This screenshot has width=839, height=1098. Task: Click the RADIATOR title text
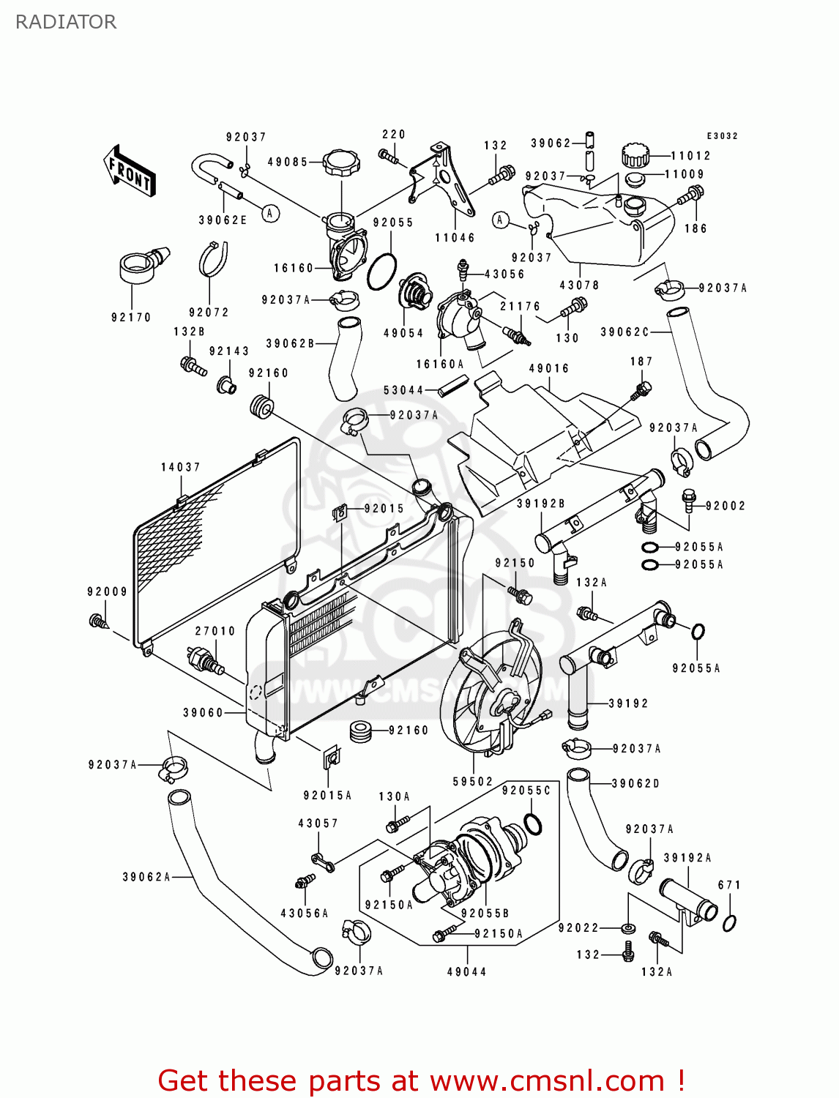click(x=66, y=22)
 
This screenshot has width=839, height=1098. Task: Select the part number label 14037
click(x=180, y=467)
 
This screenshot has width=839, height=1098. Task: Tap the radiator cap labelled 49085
click(x=341, y=161)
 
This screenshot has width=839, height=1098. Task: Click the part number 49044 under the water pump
click(x=467, y=971)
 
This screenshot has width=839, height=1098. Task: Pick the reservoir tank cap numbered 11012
click(x=635, y=154)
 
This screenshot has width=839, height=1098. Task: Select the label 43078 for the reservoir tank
click(x=579, y=285)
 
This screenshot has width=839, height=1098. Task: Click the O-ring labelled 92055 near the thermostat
click(x=381, y=272)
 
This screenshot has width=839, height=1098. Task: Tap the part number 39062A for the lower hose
click(x=146, y=877)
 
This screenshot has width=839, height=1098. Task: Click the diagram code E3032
click(x=722, y=136)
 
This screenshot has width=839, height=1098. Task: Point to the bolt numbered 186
click(x=692, y=195)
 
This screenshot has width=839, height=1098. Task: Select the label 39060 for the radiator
click(x=203, y=712)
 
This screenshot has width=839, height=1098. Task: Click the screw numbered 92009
click(x=98, y=621)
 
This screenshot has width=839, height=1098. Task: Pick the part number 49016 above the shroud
click(x=549, y=368)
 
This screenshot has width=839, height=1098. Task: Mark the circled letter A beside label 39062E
click(x=271, y=213)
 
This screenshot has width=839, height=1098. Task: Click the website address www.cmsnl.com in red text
click(x=547, y=1080)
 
